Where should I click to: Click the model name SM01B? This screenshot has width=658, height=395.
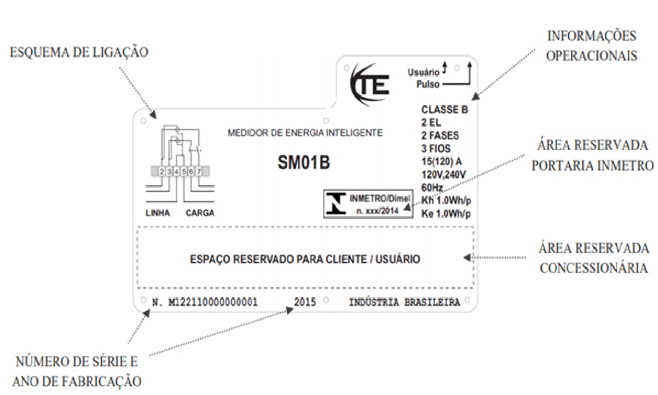click(304, 163)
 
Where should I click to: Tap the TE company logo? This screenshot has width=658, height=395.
click(370, 85)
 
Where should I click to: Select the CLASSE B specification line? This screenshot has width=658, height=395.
click(444, 109)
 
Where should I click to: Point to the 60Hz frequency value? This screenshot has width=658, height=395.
click(432, 187)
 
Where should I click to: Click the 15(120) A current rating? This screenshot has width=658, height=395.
click(442, 161)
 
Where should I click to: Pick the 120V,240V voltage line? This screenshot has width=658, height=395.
click(444, 175)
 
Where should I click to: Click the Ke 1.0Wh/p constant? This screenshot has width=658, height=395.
click(446, 214)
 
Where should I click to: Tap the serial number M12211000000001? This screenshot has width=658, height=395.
click(213, 302)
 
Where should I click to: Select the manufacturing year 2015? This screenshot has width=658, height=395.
click(305, 302)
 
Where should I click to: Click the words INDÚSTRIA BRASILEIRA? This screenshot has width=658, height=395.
click(404, 302)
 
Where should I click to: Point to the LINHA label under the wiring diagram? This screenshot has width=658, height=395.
click(158, 213)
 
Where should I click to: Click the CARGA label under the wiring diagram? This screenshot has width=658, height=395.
click(200, 213)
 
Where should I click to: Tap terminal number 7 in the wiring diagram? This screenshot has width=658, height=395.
click(199, 171)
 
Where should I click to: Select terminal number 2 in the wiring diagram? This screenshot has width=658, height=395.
click(162, 171)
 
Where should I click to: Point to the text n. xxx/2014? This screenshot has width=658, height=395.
click(377, 211)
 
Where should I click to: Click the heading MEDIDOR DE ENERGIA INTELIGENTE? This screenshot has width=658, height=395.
click(305, 133)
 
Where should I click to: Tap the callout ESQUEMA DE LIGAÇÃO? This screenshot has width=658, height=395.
click(79, 53)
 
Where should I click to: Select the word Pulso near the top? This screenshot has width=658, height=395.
click(428, 85)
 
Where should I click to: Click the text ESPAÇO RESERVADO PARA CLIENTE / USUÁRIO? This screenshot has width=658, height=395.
click(305, 259)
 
